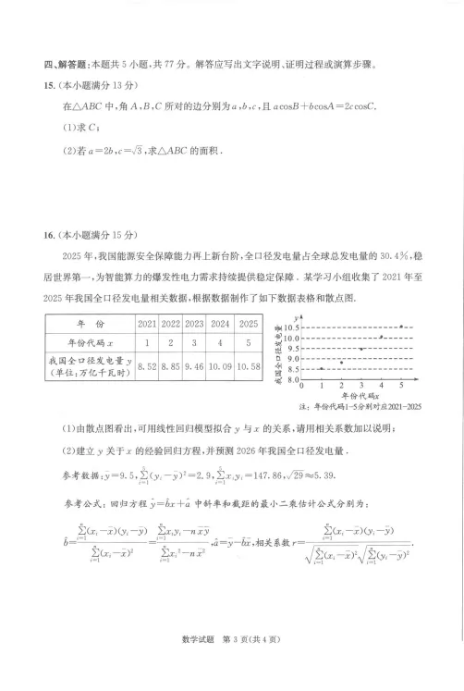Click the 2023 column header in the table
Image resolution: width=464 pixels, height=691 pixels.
point(194,324)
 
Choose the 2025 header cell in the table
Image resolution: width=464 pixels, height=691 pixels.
point(249,324)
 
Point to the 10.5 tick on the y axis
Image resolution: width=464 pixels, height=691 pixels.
point(293,327)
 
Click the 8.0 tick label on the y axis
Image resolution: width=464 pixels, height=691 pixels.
point(295,380)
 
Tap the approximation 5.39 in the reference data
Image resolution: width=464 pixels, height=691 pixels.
point(331,476)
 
